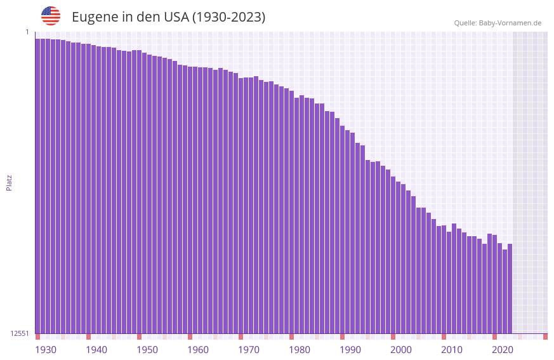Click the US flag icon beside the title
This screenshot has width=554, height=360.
51,16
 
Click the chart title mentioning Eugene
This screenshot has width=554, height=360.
168,17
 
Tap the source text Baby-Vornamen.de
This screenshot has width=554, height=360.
498,23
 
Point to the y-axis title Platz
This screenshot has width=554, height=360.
9,182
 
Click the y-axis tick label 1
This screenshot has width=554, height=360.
27,32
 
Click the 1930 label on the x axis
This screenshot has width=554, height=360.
46,350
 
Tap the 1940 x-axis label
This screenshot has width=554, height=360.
96,350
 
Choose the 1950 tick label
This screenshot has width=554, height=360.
147,350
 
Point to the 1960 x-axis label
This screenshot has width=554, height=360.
198,350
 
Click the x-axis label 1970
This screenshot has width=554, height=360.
249,350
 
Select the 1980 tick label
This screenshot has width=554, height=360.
300,350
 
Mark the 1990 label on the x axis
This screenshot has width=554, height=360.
350,350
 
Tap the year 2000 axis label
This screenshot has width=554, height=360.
401,350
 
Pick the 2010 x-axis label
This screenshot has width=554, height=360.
452,350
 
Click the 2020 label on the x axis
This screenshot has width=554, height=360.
503,350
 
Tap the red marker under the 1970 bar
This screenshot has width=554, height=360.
241,337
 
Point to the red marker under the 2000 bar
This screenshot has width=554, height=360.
393,337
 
